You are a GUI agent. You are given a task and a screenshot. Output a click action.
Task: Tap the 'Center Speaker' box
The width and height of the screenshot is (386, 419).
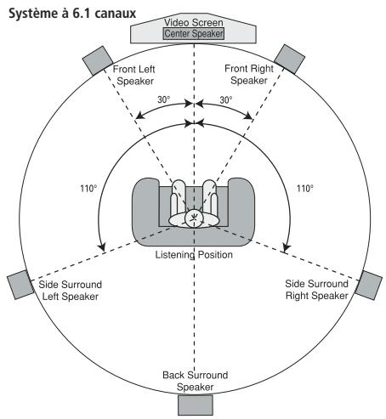click(195, 34)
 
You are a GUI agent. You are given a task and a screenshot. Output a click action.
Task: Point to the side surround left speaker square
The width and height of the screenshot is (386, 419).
click(20, 286)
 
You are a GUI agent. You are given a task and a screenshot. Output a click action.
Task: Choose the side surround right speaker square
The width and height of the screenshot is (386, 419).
click(368, 285)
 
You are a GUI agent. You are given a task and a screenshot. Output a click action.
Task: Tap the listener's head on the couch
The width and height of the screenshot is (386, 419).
click(195, 218)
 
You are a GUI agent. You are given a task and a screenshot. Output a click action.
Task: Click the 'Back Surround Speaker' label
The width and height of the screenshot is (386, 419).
click(194, 381)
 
